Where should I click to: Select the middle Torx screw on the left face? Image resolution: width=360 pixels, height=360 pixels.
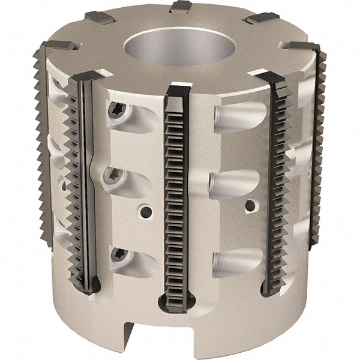[112, 175]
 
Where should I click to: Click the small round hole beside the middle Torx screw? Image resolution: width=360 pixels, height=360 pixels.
[144, 211]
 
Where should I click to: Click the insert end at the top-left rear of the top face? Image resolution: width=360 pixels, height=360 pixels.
[99, 17]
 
